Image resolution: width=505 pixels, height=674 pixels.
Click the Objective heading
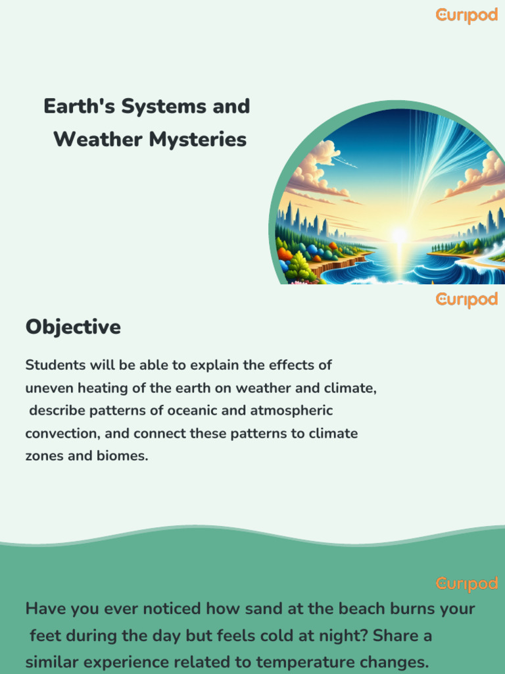point(73,327)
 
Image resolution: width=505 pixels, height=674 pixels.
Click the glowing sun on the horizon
point(398,235)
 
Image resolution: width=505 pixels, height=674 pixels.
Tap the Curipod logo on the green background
point(466,583)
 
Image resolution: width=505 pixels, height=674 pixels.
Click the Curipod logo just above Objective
point(466,299)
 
